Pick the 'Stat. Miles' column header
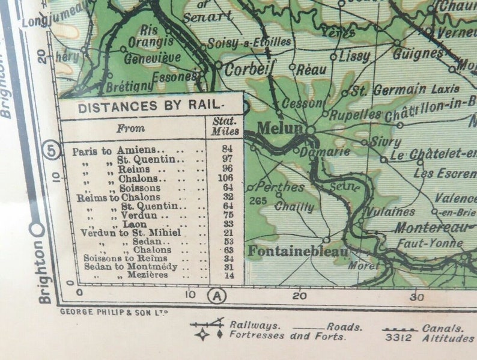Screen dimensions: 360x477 pos(225,127)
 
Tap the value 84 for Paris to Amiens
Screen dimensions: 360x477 pos(226,149)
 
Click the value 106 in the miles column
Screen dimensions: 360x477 pos(226,178)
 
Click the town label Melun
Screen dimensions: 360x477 pos(279,129)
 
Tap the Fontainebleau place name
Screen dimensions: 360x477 pos(298,251)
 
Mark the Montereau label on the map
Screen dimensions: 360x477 pos(430,228)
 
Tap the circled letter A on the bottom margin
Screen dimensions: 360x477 pos(216,295)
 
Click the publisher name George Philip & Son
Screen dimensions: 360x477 pos(114,312)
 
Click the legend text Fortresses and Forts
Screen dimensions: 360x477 pos(279,335)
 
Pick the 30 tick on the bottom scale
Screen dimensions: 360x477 pos(416,296)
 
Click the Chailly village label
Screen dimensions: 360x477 pos(294,207)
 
